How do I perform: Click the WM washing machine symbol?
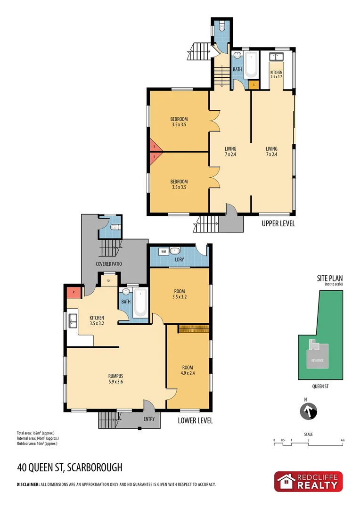coord(164,252)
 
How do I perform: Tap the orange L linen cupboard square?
coord(254,85)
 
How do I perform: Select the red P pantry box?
coord(73,292)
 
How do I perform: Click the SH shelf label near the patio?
coord(109,281)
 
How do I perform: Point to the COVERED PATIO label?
coord(109,264)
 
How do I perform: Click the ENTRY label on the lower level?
coord(149,419)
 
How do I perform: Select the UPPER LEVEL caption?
coord(278,224)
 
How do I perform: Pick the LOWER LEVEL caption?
coord(196,420)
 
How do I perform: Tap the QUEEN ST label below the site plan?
coord(320,386)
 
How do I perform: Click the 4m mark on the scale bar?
coord(343,441)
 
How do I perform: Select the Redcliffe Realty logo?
coord(309,482)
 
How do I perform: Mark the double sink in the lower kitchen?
coord(73,320)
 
